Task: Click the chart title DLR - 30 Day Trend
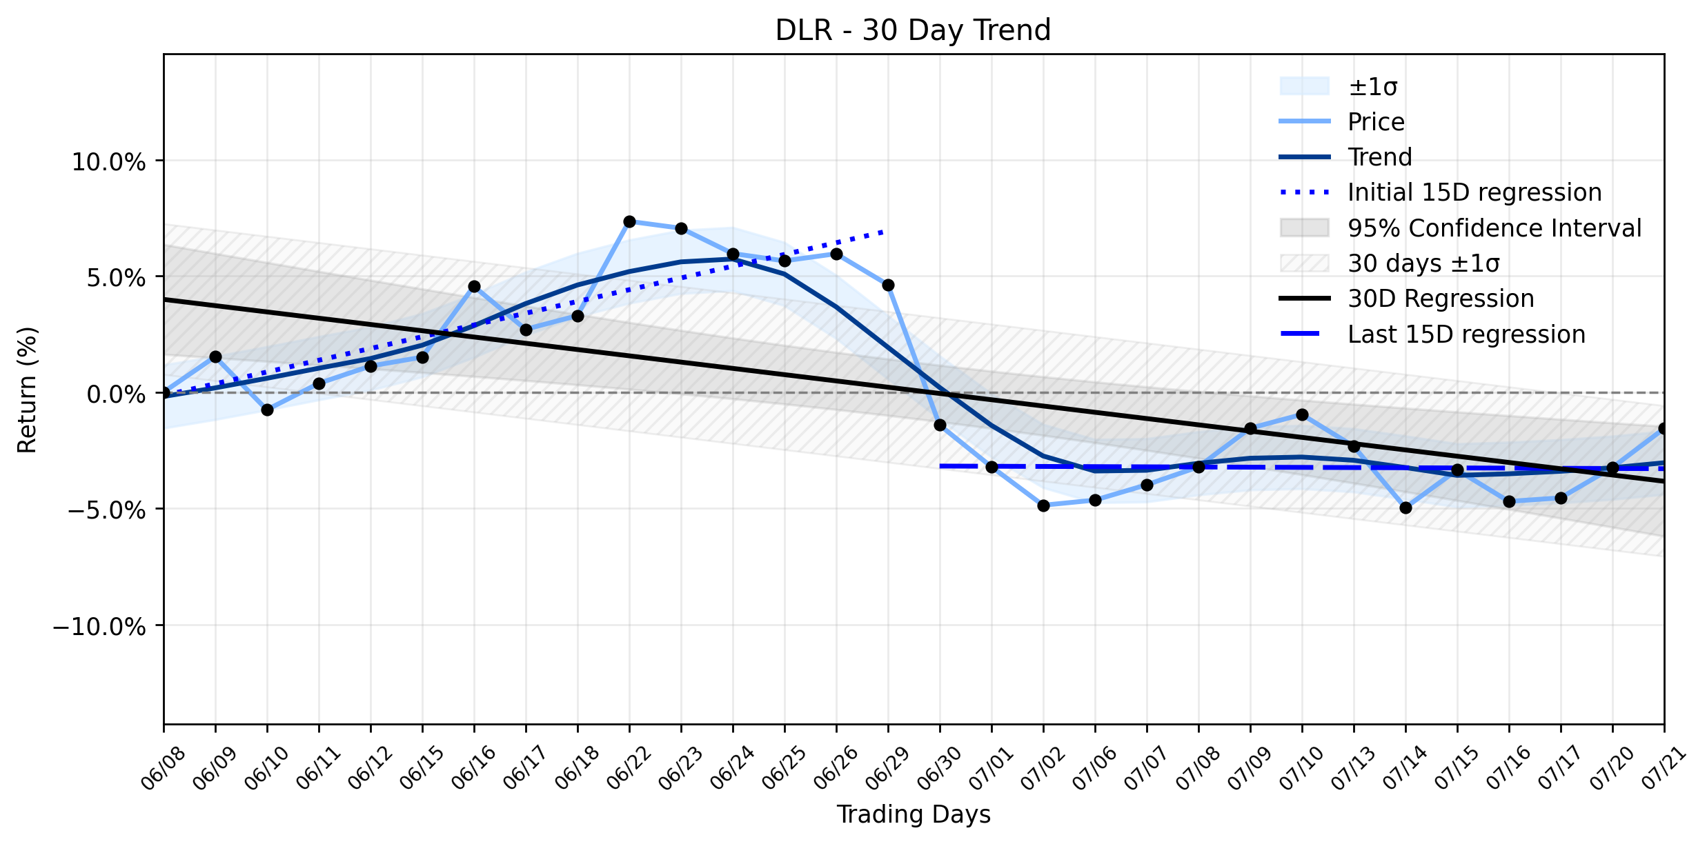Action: click(x=913, y=30)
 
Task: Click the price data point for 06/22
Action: click(x=629, y=221)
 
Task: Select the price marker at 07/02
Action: click(x=1043, y=505)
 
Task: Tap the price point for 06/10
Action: click(x=267, y=410)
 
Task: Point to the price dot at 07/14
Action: click(x=1405, y=508)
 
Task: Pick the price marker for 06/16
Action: click(x=474, y=286)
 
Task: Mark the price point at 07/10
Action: click(x=1302, y=414)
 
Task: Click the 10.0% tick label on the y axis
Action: click(x=109, y=163)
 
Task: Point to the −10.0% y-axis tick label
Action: click(x=99, y=627)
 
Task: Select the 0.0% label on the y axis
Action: click(x=117, y=394)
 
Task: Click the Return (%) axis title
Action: click(x=28, y=390)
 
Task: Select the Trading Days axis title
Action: click(x=914, y=814)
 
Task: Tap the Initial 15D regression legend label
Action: click(x=1475, y=192)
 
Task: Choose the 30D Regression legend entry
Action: click(x=1441, y=299)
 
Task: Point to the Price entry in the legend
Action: click(x=1377, y=122)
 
